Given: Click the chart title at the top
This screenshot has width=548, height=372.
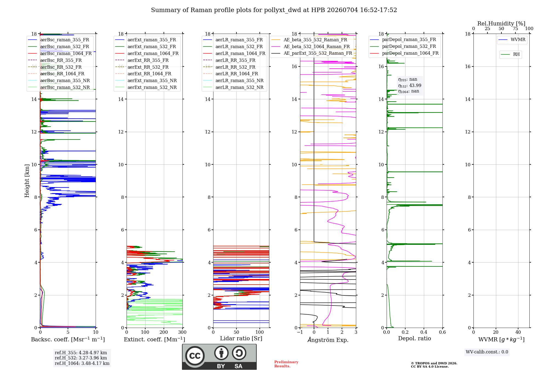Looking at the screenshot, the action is pyautogui.click(x=274, y=10).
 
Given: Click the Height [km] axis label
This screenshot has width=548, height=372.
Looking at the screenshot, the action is pyautogui.click(x=27, y=181).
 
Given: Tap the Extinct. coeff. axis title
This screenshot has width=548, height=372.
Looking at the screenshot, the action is pyautogui.click(x=155, y=339).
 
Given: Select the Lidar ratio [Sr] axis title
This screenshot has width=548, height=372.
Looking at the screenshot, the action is pyautogui.click(x=241, y=338).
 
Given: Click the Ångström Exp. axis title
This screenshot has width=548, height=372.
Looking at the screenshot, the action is pyautogui.click(x=328, y=339).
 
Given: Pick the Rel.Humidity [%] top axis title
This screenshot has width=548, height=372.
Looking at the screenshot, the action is pyautogui.click(x=501, y=24).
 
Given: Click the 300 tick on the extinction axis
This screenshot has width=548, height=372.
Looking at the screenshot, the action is pyautogui.click(x=182, y=332).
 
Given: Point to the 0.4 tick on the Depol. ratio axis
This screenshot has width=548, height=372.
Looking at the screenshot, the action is pyautogui.click(x=424, y=332).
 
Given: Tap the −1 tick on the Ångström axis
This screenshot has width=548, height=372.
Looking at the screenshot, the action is pyautogui.click(x=300, y=332).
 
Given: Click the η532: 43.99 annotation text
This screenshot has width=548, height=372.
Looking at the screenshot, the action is pyautogui.click(x=410, y=85).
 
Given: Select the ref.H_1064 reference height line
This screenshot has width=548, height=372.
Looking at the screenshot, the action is pyautogui.click(x=82, y=363).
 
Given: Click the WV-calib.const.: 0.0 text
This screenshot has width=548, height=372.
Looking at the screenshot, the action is pyautogui.click(x=487, y=352).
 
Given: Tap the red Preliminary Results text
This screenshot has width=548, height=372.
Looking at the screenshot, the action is pyautogui.click(x=286, y=364).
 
